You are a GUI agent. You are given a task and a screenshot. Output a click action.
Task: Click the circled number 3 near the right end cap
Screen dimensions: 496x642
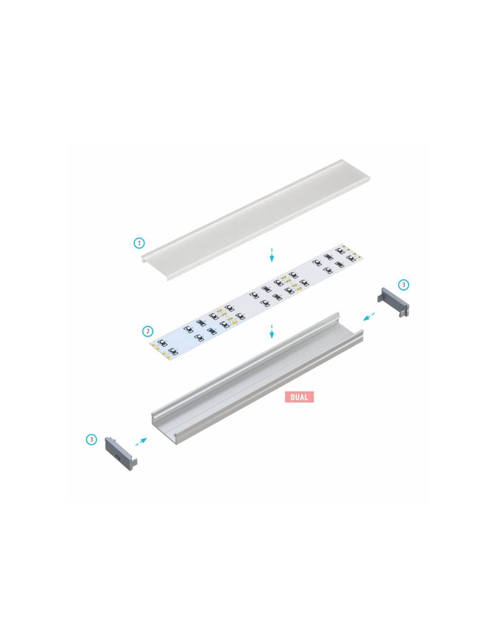click(404, 285)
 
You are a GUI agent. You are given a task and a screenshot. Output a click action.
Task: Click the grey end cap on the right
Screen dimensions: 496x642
click(394, 301)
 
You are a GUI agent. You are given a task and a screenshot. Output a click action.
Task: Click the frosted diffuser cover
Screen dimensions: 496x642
click(256, 219)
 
